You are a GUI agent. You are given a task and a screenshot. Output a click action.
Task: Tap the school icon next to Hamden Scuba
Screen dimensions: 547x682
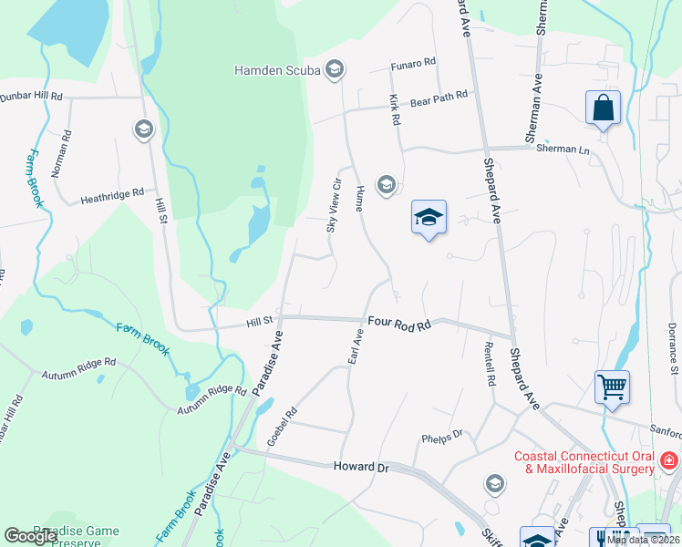click(335, 69)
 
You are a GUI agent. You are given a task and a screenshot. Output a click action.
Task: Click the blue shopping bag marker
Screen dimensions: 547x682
click(603, 108)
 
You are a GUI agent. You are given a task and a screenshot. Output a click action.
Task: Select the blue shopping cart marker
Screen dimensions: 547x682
click(612, 387)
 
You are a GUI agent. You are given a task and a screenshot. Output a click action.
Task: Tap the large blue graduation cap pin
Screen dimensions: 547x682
click(429, 218)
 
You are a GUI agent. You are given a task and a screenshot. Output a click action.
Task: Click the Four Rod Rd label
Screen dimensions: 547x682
click(398, 322)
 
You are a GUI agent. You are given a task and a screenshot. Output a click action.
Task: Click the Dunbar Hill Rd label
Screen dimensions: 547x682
click(31, 96)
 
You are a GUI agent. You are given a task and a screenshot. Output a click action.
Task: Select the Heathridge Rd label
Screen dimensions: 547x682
click(112, 193)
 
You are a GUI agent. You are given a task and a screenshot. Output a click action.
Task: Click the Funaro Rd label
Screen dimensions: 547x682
click(414, 63)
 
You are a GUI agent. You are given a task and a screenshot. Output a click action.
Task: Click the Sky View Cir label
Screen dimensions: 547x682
click(335, 204)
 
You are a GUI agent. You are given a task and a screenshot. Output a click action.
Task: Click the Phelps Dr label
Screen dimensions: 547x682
click(443, 437)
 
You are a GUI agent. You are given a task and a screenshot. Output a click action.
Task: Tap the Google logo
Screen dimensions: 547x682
click(30, 536)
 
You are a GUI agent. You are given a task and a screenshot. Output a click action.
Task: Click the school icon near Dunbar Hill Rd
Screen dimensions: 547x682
click(143, 129)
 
